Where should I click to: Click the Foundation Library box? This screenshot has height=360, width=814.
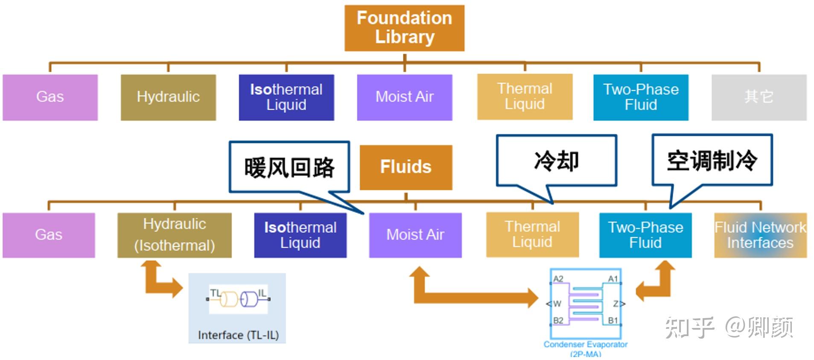coord(404,28)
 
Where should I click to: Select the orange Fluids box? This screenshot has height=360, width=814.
coord(406,167)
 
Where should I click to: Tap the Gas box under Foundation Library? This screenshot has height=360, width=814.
coord(50,97)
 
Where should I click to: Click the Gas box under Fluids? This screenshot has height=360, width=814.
coord(49,235)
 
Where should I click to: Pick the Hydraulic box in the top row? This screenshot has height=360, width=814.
coord(168,97)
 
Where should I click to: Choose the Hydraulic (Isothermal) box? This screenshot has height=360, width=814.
coord(174,235)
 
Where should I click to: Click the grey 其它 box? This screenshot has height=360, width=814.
coord(759,97)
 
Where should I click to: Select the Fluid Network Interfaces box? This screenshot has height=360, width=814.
coord(760,235)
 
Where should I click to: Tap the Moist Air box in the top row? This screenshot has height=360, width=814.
coord(404,97)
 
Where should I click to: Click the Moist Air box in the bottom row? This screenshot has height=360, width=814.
coord(415,235)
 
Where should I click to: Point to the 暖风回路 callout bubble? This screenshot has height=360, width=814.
coord(289,167)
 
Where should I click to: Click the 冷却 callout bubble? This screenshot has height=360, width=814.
coord(556,161)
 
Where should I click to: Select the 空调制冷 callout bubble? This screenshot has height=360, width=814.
coord(712,161)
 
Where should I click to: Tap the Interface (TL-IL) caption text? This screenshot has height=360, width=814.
coord(238,335)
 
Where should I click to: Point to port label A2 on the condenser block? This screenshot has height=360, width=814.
coord(558,279)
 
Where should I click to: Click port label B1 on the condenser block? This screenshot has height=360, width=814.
coord(613,320)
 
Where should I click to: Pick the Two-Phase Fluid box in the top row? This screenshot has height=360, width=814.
coord(640,97)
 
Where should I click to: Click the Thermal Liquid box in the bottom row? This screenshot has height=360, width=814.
coord(532,235)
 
